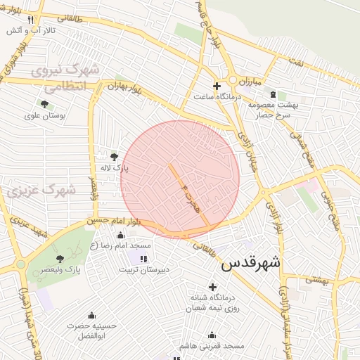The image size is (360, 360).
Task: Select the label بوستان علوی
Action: (x=44, y=117)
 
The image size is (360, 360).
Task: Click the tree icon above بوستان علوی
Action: (x=44, y=105)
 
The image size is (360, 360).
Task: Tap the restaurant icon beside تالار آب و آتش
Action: (x=30, y=20)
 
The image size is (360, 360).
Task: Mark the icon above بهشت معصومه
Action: (x=273, y=95)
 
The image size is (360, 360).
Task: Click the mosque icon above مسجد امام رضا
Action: (x=120, y=236)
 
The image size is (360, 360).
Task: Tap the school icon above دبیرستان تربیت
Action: (x=143, y=259)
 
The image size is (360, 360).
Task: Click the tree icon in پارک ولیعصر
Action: (x=60, y=259)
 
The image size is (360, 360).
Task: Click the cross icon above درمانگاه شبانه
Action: (x=212, y=286)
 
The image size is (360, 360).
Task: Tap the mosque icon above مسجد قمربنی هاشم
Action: (x=212, y=335)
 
